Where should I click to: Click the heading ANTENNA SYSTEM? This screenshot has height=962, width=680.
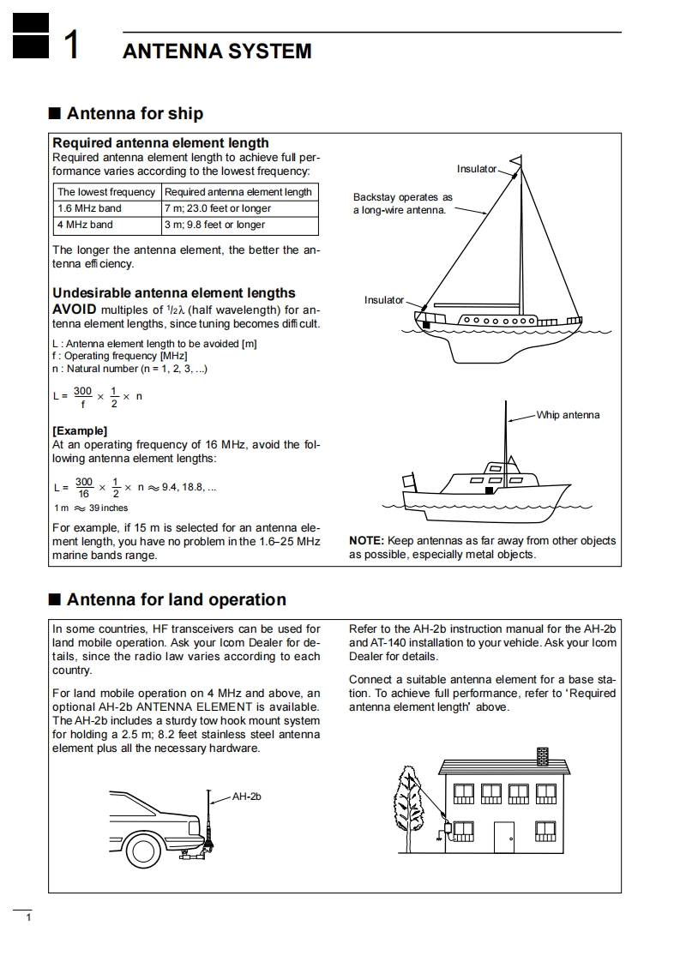click(x=217, y=51)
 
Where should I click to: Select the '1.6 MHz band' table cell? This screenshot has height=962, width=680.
click(x=89, y=208)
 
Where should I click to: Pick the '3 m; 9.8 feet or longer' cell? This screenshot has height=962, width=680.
click(x=214, y=225)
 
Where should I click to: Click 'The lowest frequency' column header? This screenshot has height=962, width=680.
click(x=106, y=192)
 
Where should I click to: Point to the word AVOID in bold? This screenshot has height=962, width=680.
click(x=75, y=310)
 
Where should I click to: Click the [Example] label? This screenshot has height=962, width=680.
click(x=80, y=430)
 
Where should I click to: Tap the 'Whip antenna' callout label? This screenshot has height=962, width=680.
click(x=568, y=415)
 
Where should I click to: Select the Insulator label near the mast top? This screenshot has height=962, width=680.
click(x=476, y=169)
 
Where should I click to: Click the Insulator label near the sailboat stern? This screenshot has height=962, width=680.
click(x=383, y=300)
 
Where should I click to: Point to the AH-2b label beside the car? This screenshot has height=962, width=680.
click(x=246, y=797)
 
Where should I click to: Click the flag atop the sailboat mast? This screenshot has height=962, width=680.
click(x=516, y=161)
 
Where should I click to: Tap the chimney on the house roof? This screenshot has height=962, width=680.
click(x=542, y=756)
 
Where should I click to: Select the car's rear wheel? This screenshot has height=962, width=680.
click(x=141, y=850)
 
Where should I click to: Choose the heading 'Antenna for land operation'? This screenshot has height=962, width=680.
click(x=176, y=599)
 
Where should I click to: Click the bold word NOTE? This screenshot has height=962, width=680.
click(x=367, y=541)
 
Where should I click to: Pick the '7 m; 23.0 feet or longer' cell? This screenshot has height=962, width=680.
click(x=218, y=208)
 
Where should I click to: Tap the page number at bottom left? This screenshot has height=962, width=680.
click(x=28, y=920)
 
